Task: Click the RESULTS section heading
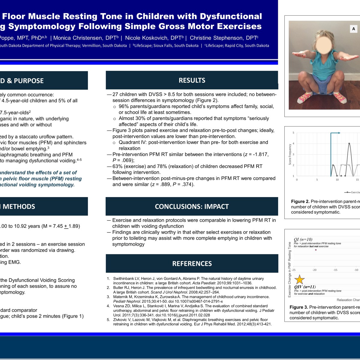pyautogui.click(x=192, y=80)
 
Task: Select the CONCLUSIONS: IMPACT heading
pyautogui.click(x=192, y=206)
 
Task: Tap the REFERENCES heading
pyautogui.click(x=192, y=264)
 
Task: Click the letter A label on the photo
pyautogui.click(x=353, y=29)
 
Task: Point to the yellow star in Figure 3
pyautogui.click(x=299, y=280)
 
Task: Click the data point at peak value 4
pyautogui.click(x=349, y=143)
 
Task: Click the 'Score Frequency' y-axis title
pyautogui.click(x=290, y=154)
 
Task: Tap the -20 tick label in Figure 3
pyautogui.click(x=314, y=270)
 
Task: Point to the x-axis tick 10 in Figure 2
pyautogui.click(x=337, y=180)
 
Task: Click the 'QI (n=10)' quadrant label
pyautogui.click(x=303, y=239)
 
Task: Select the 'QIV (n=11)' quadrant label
pyautogui.click(x=305, y=287)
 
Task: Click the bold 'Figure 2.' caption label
pyautogui.click(x=300, y=202)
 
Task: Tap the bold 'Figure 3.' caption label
pyautogui.click(x=299, y=307)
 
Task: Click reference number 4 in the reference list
pyautogui.click(x=109, y=306)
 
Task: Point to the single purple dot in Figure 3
pyautogui.click(x=316, y=250)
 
